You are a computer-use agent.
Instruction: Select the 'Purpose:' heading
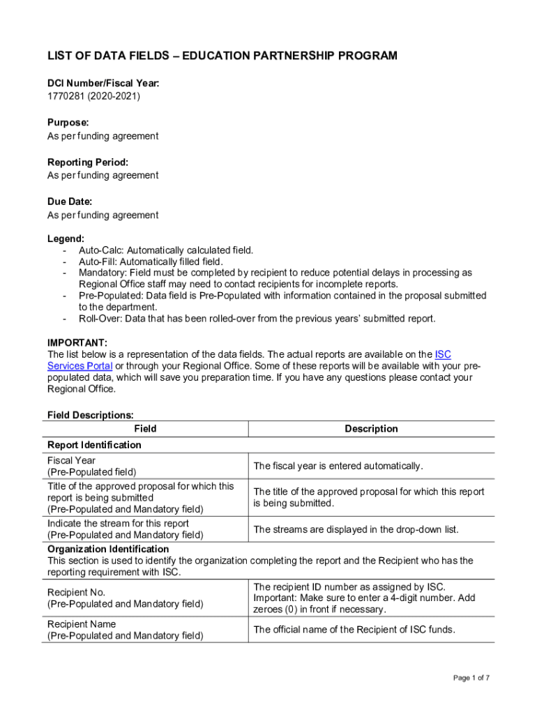(68, 122)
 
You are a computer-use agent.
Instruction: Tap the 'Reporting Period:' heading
(88, 162)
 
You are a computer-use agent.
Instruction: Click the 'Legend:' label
(66, 238)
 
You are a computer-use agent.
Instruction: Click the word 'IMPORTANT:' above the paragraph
(77, 342)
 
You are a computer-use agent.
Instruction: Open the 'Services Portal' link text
(80, 366)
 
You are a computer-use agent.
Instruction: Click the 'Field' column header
(145, 429)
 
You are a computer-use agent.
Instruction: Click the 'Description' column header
(371, 429)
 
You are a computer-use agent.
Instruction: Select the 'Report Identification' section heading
(94, 445)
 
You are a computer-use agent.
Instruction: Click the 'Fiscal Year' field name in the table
(71, 460)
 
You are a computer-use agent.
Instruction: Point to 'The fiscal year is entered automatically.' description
(338, 466)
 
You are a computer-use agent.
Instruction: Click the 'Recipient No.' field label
(76, 592)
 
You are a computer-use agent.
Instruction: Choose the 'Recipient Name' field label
(82, 624)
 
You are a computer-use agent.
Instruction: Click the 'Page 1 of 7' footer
(471, 678)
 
